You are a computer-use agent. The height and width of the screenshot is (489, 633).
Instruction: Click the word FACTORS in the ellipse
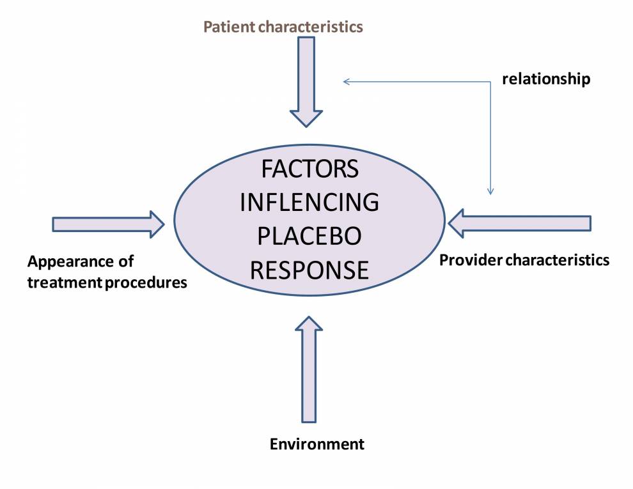coord(309,170)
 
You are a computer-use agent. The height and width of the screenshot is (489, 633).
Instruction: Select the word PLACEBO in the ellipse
coord(309,237)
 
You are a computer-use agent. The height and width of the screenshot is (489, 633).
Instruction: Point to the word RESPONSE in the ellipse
coord(309,270)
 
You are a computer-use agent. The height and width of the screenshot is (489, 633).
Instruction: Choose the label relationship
coord(545,79)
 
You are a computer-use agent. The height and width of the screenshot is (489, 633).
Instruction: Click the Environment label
coord(316,444)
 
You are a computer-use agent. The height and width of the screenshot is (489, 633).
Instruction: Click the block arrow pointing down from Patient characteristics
coord(306,80)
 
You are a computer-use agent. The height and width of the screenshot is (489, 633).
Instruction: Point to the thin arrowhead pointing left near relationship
coord(346,81)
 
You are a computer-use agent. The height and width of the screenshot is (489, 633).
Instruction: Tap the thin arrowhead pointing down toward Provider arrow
coord(490,190)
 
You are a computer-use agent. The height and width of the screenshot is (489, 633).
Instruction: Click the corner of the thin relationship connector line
coord(490,81)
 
